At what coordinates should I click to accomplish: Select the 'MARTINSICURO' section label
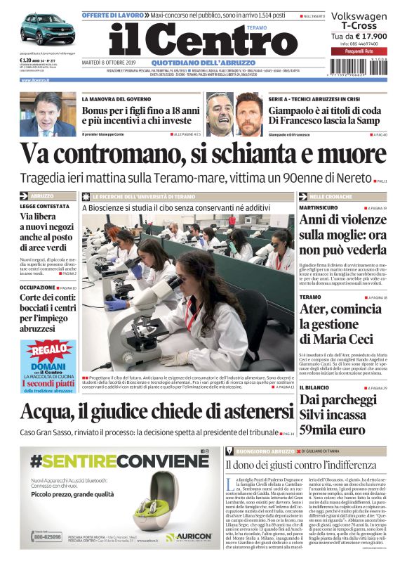pyautogui.click(x=319, y=209)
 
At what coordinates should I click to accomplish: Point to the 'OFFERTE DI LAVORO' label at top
pyautogui.click(x=113, y=15)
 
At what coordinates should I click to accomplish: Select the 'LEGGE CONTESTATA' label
pyautogui.click(x=45, y=206)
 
